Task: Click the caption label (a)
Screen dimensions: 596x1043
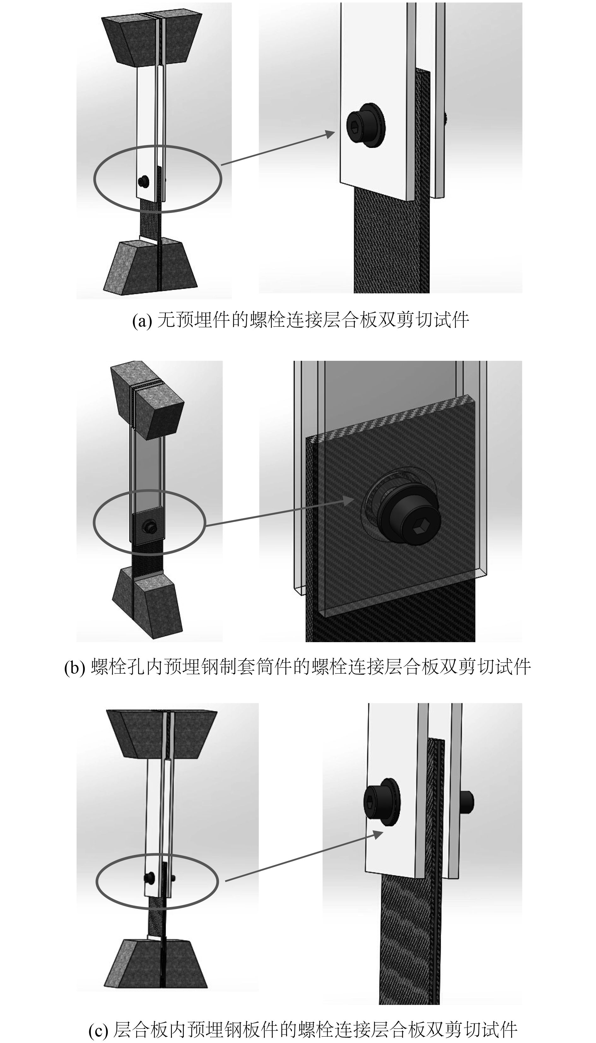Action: click(142, 320)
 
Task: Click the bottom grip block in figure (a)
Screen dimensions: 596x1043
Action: click(151, 267)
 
